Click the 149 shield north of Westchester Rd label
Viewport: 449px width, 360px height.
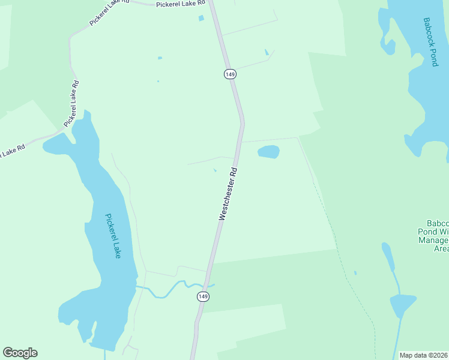(x=230, y=74)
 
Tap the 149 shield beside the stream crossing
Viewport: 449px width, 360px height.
(x=203, y=296)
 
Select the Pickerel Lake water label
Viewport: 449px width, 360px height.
(x=113, y=236)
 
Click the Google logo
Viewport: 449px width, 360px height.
(x=20, y=353)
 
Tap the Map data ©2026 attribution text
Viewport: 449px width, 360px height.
(x=424, y=355)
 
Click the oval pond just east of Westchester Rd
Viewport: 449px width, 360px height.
(x=268, y=152)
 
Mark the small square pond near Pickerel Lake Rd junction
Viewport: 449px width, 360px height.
(x=201, y=18)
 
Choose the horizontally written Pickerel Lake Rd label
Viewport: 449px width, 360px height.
(x=180, y=4)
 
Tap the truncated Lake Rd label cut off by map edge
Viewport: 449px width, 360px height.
(x=12, y=152)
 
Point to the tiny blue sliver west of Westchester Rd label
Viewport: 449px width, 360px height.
(x=215, y=170)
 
